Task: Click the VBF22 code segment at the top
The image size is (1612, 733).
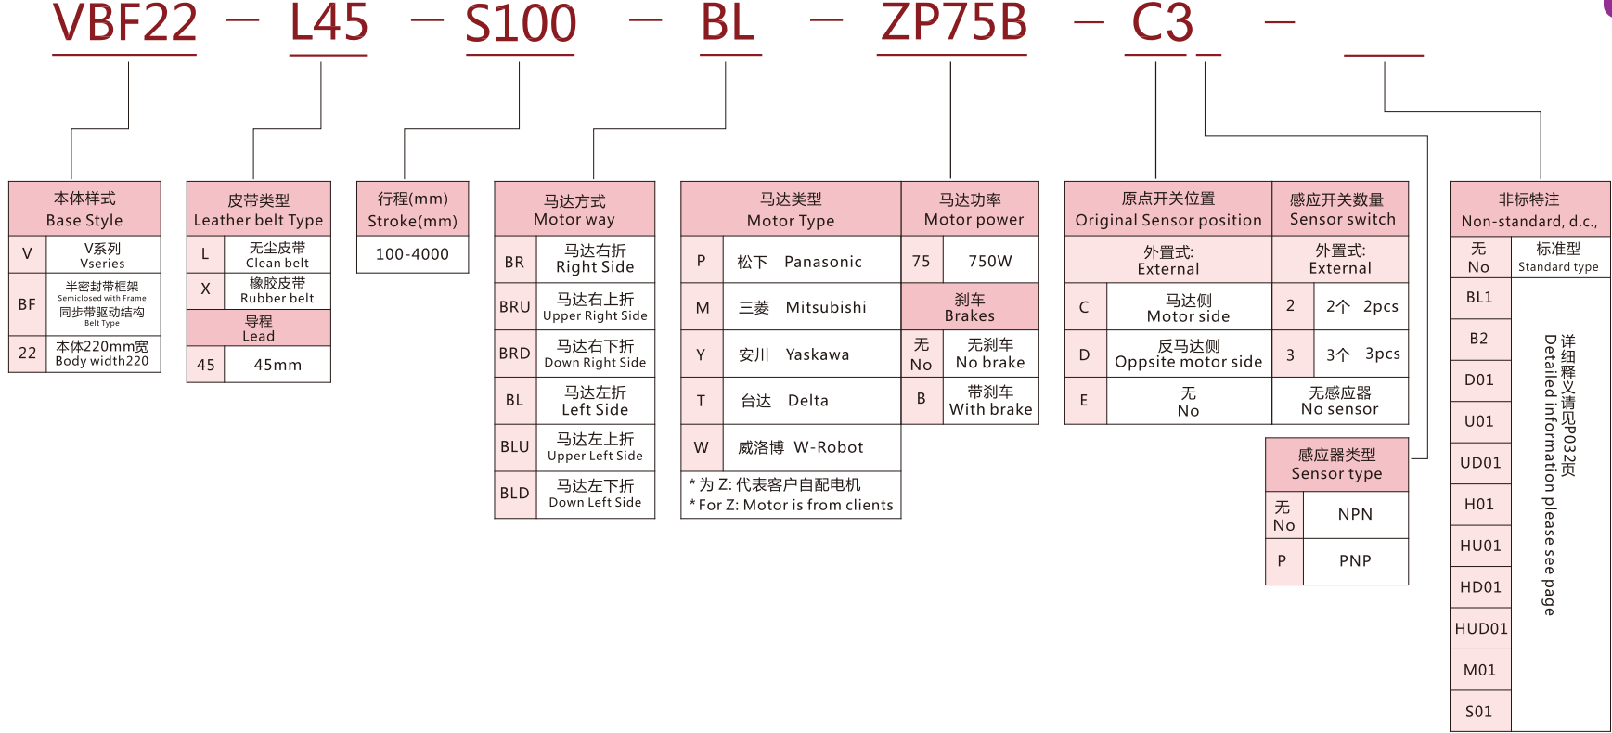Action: tap(125, 24)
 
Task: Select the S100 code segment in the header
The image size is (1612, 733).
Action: tap(521, 24)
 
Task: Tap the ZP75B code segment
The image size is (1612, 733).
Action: tap(953, 24)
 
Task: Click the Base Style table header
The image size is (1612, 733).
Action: tap(84, 209)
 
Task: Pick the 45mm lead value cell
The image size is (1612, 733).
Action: tap(277, 365)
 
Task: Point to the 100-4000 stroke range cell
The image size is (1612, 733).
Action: tap(412, 254)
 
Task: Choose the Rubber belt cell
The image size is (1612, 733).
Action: tap(277, 290)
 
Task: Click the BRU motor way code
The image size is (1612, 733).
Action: tap(515, 307)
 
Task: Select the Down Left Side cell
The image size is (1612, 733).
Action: tap(595, 494)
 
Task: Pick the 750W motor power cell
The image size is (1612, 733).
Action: tap(990, 262)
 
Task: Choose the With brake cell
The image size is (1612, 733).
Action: tap(990, 401)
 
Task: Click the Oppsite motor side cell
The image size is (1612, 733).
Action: tap(1189, 354)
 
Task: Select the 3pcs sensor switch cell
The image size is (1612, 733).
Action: tap(1362, 354)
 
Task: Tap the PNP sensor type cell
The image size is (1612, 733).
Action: tap(1355, 561)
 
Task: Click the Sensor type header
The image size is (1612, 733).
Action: tap(1336, 464)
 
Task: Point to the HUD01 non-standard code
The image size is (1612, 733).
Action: tap(1481, 629)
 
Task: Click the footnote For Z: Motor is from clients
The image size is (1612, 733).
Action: tap(791, 506)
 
